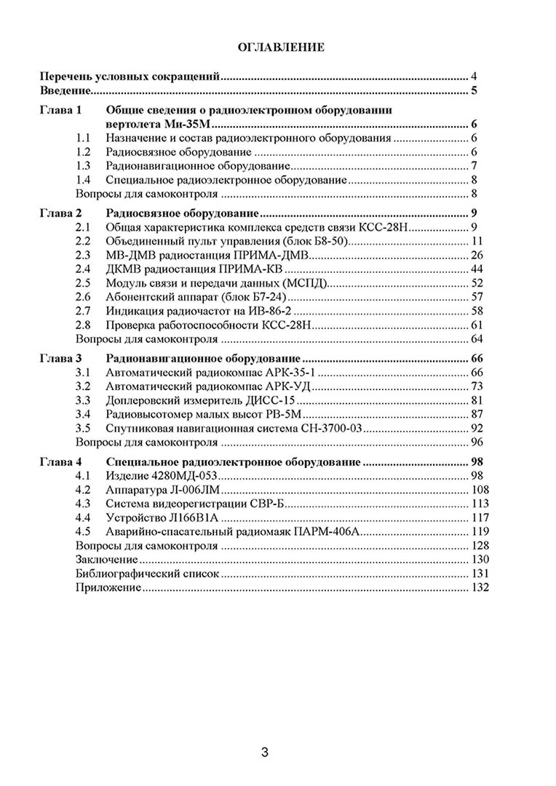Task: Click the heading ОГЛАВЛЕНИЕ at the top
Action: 280,47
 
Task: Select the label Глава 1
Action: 61,110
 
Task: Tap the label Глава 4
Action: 61,462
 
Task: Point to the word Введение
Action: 64,91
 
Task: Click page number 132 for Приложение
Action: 480,587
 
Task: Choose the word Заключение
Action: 106,560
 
